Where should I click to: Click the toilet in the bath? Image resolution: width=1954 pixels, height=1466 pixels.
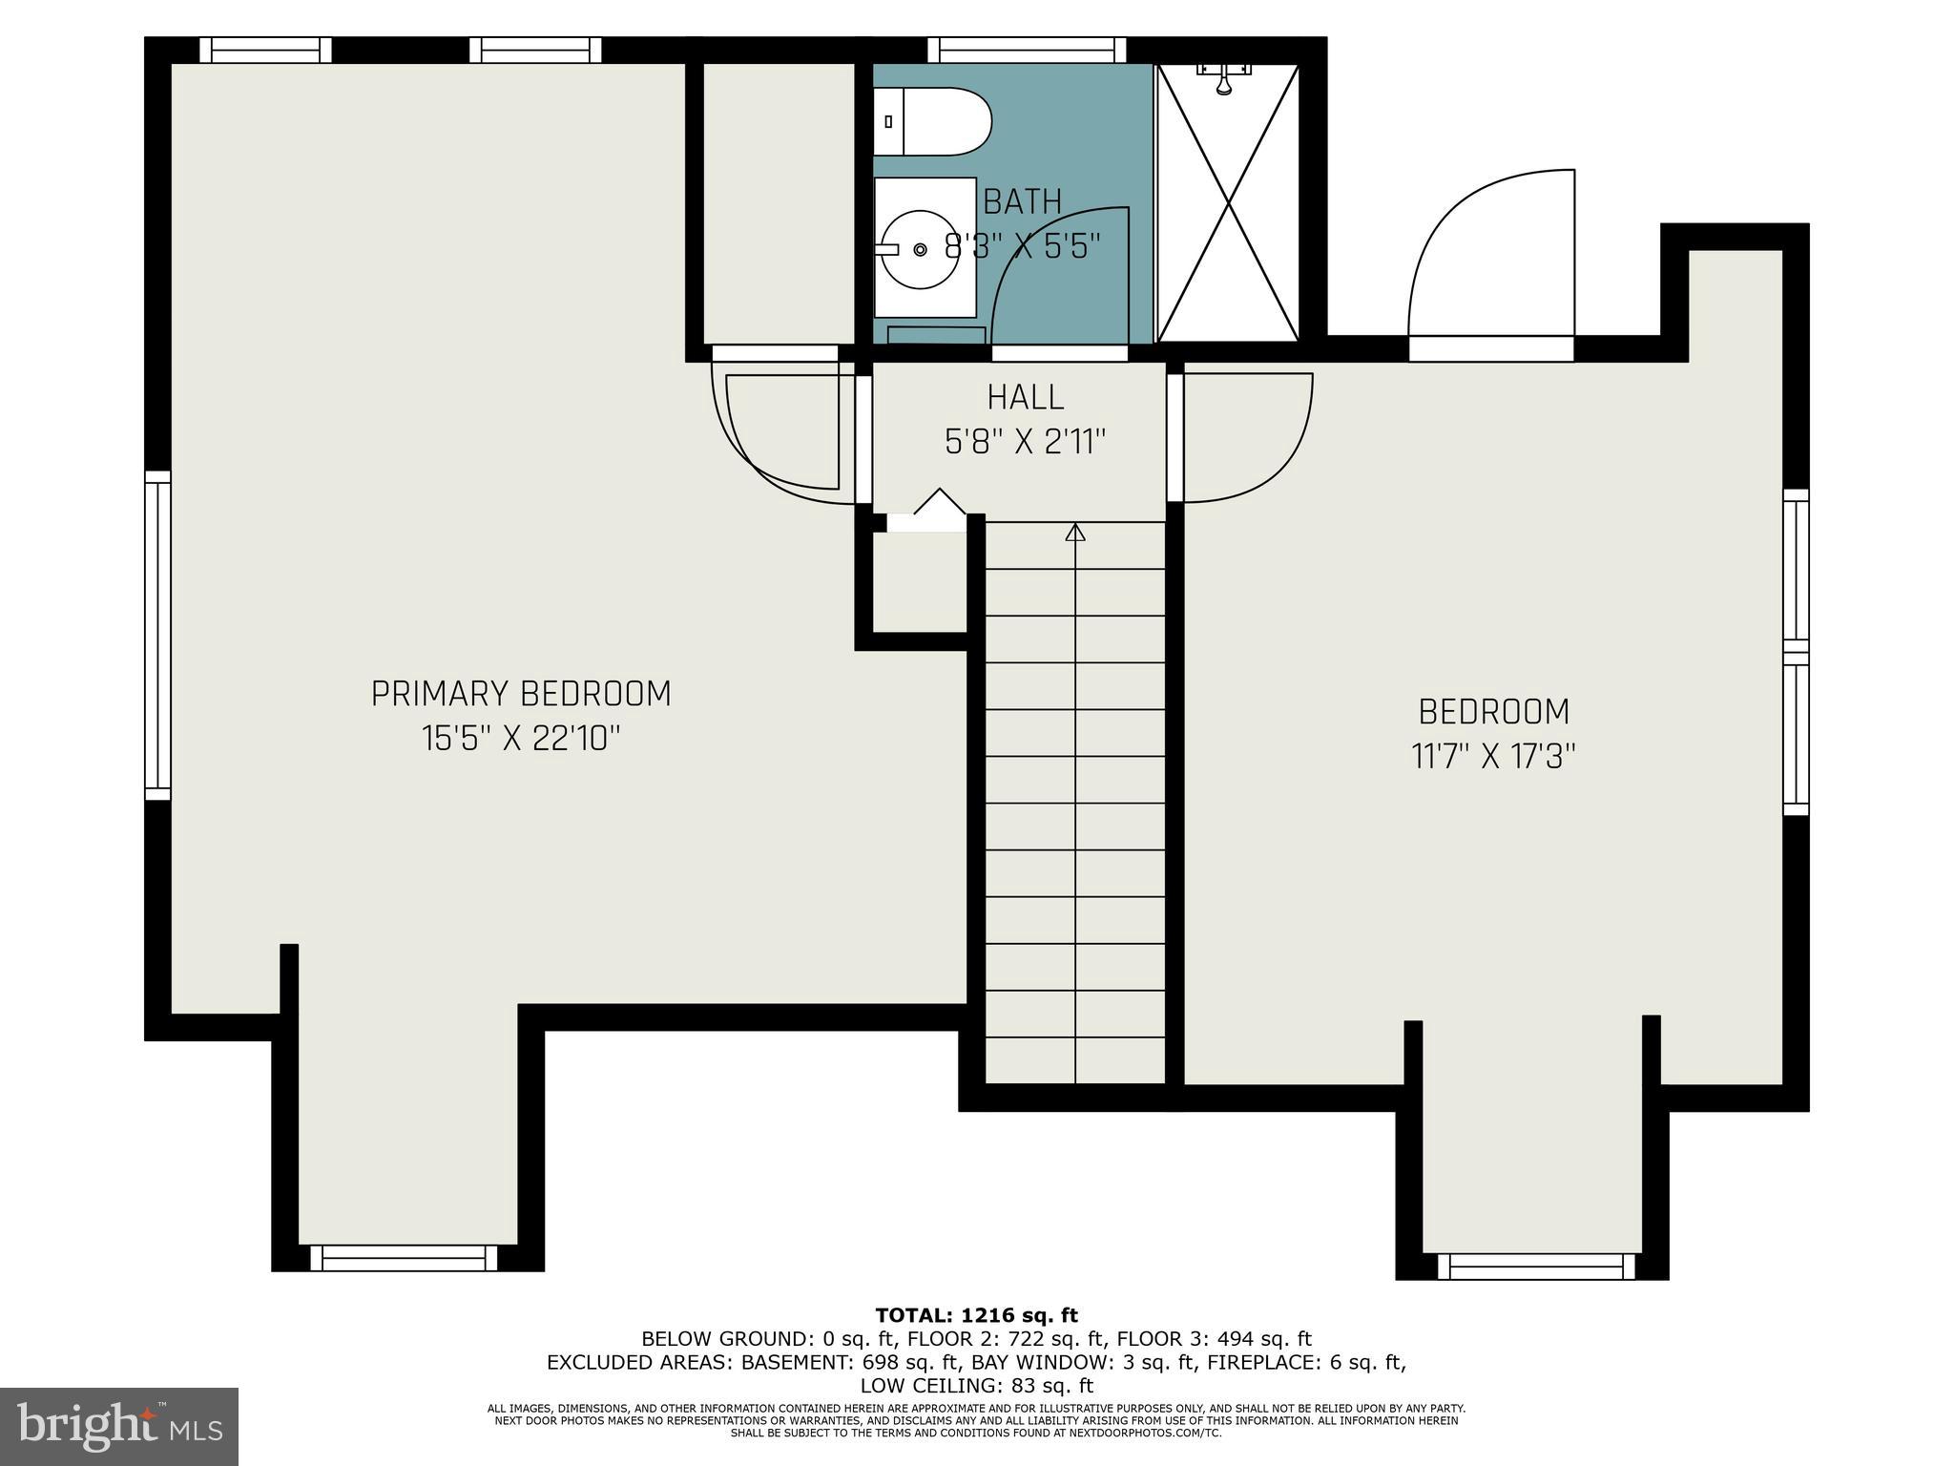(x=933, y=121)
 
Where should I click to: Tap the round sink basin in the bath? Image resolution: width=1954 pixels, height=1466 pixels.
(x=920, y=249)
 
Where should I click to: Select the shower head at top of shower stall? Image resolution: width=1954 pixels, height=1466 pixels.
(x=1224, y=78)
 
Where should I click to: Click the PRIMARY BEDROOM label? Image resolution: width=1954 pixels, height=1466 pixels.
(x=521, y=694)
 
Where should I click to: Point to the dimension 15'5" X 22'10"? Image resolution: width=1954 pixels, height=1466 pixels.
(x=521, y=738)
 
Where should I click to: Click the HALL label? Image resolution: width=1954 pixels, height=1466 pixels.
(x=1025, y=397)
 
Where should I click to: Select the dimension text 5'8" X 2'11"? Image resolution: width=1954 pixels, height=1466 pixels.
(x=1025, y=442)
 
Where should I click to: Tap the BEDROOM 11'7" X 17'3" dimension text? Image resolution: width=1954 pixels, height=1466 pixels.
(x=1493, y=757)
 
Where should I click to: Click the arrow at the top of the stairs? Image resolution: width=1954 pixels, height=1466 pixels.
(x=1075, y=533)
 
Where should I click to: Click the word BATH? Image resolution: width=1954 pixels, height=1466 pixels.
(x=1022, y=201)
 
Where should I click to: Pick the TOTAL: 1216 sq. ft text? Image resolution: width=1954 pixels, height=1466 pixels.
(x=976, y=1316)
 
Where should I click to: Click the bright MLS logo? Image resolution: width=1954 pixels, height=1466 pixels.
(x=119, y=1426)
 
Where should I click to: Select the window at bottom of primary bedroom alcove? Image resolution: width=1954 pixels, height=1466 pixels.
(x=404, y=1258)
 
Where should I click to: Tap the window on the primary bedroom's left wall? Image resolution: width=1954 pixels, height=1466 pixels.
(x=157, y=635)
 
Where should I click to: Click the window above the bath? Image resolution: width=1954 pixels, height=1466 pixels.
(x=1027, y=50)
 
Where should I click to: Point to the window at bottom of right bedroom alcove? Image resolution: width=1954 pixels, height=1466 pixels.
(x=1535, y=1267)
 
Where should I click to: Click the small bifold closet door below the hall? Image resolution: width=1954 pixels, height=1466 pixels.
(x=927, y=513)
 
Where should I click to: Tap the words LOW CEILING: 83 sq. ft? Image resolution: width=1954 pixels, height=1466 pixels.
(x=976, y=1386)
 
